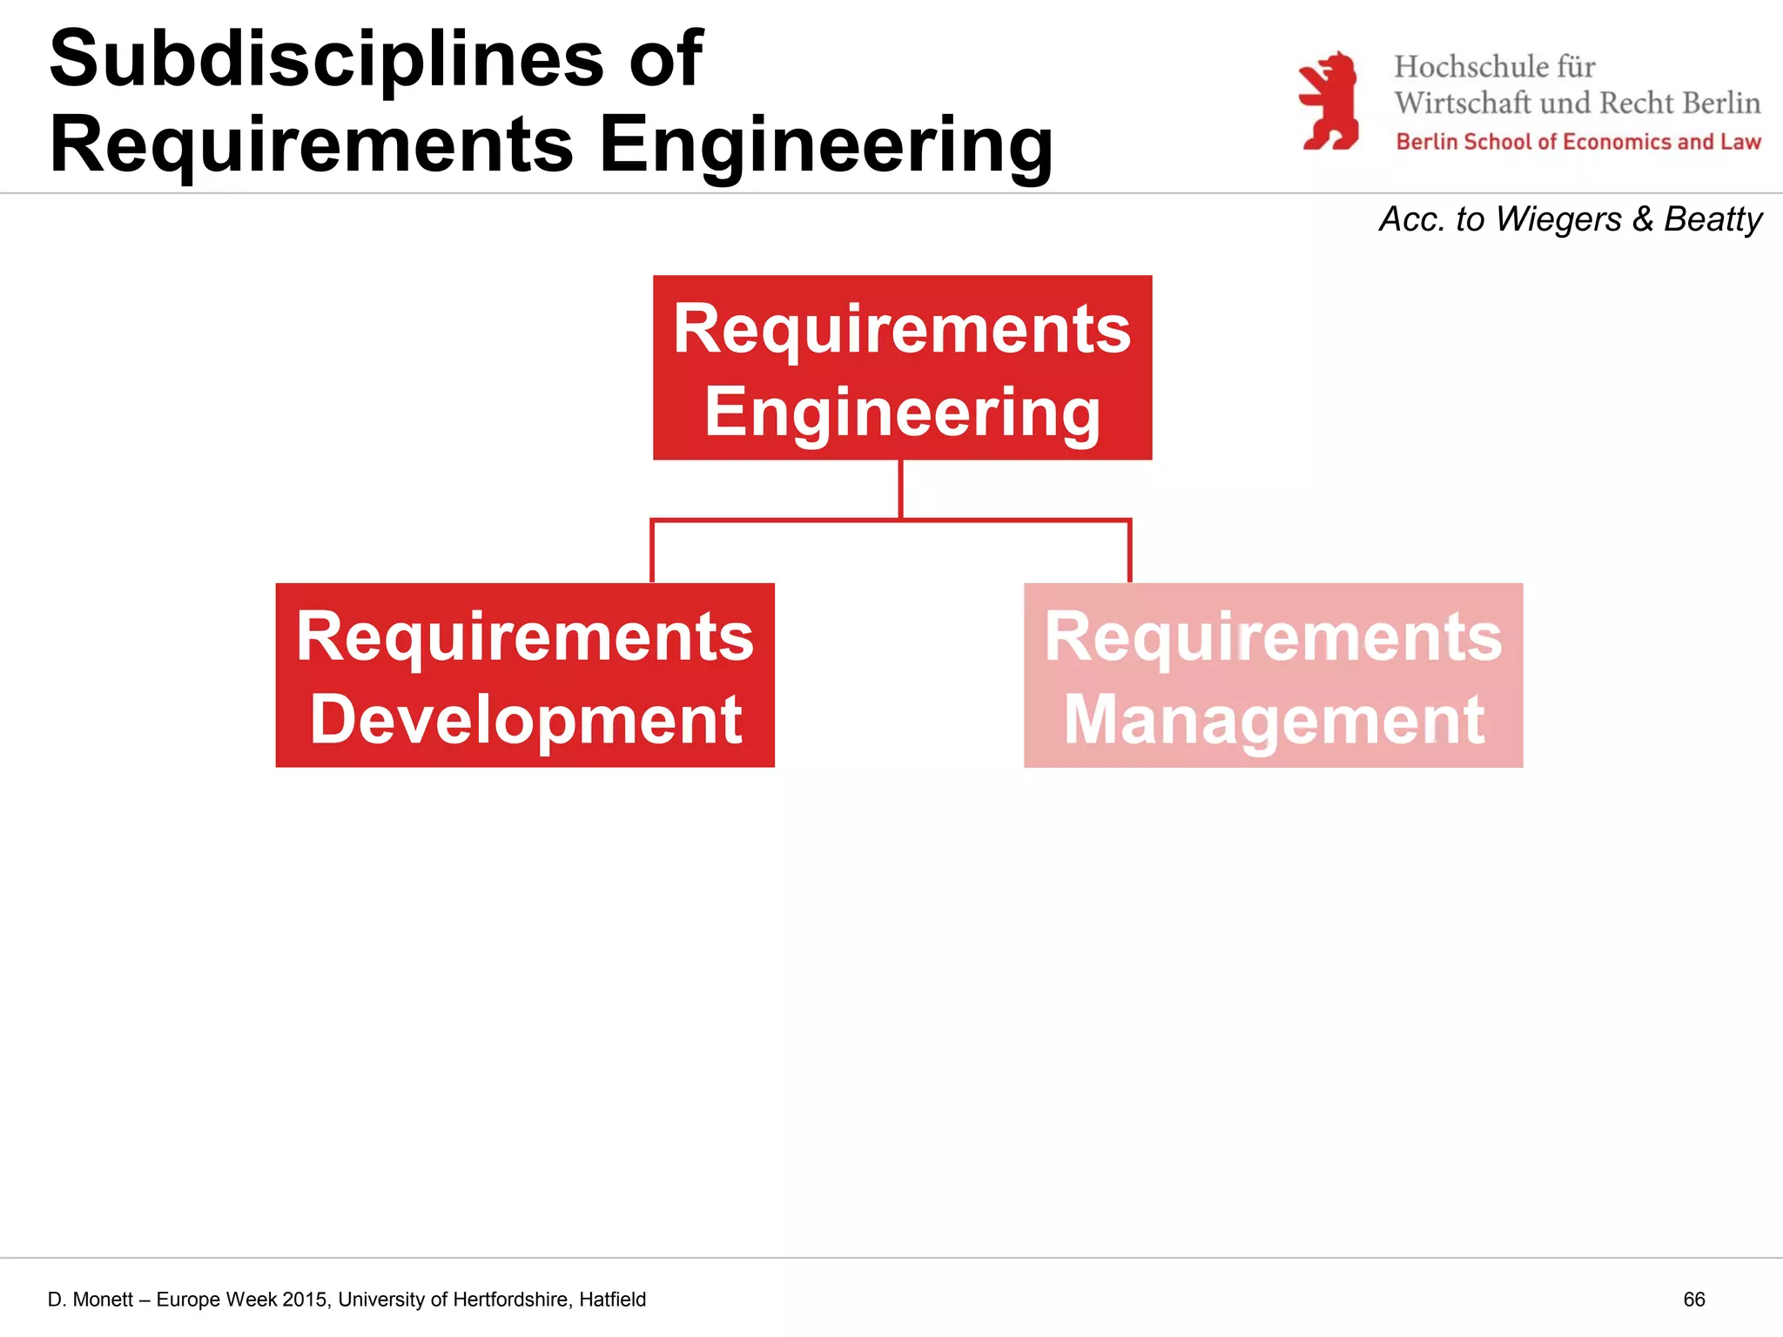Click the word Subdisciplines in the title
[326, 59]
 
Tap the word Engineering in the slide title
[825, 144]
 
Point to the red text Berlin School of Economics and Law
[1578, 142]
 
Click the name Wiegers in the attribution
[1558, 218]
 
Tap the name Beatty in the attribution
[1712, 218]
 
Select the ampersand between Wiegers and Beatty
[1643, 218]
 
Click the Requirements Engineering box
[902, 367]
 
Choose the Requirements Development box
[525, 675]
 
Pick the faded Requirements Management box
[1273, 675]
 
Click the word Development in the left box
[526, 720]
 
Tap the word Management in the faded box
[1274, 720]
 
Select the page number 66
[1693, 1300]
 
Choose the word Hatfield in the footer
[612, 1300]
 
